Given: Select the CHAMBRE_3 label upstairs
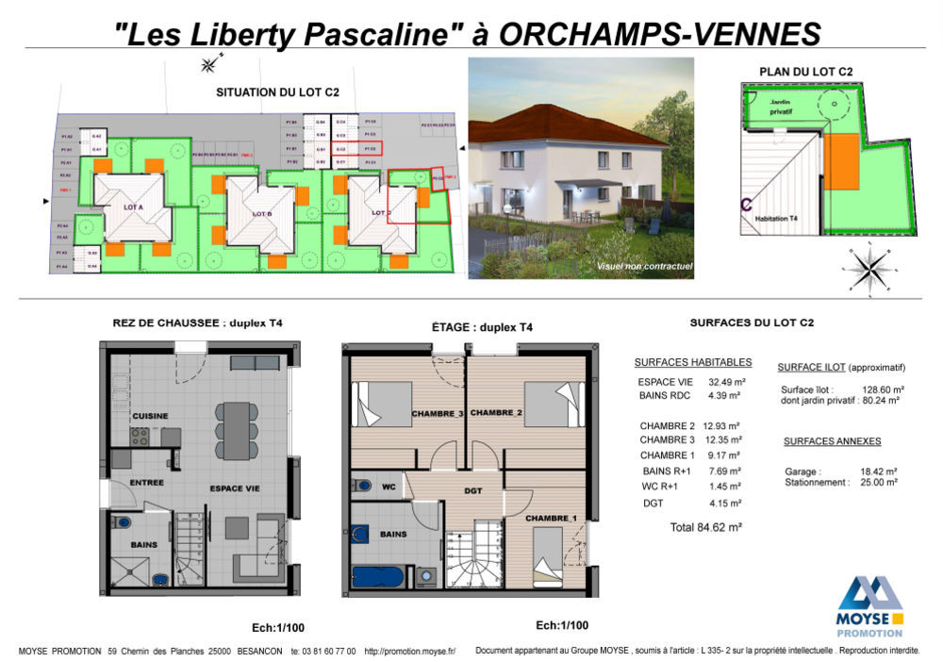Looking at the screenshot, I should click(438, 413).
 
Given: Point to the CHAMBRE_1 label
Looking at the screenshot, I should click(552, 518).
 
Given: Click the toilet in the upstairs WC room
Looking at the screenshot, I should click(362, 487).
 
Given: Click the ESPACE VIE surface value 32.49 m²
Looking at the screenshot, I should click(727, 382).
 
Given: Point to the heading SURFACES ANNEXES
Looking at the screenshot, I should click(832, 441).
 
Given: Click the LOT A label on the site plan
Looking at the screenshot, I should click(132, 207).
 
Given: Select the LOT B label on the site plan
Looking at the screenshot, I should click(262, 213).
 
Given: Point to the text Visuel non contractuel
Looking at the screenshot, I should click(644, 267).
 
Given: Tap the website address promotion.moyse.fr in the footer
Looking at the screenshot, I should click(410, 651).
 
